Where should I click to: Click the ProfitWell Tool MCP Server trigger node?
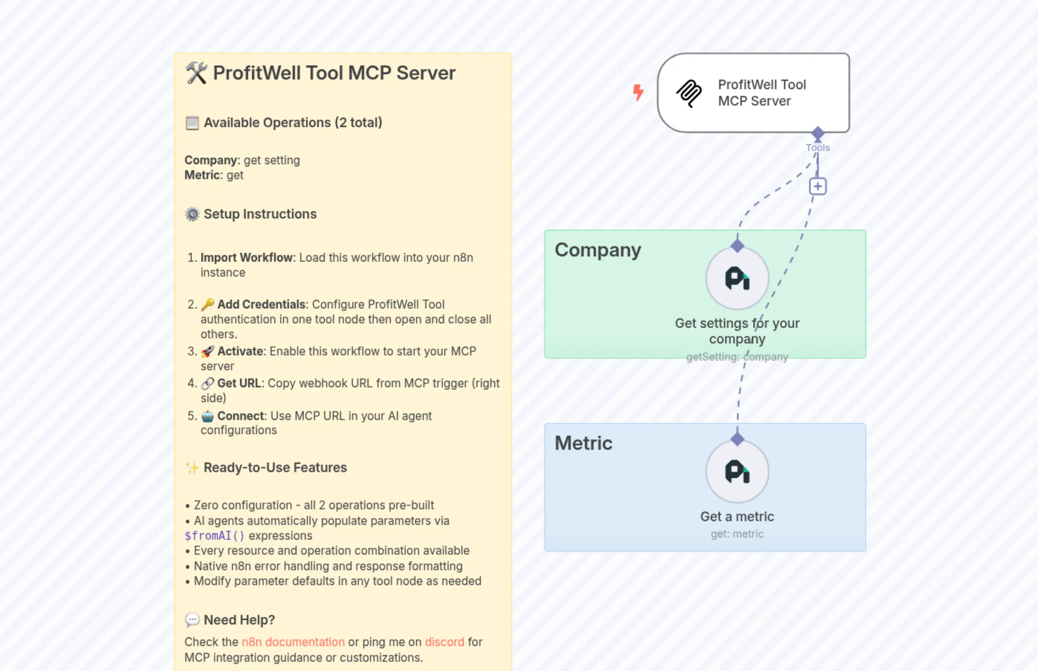tap(753, 93)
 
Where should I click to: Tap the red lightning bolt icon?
tap(638, 92)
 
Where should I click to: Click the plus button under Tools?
tap(818, 187)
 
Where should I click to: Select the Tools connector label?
tap(818, 148)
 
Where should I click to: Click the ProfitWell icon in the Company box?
tap(737, 278)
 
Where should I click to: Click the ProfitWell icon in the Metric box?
tap(737, 471)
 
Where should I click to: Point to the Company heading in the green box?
tap(597, 250)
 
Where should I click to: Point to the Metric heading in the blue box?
tap(583, 443)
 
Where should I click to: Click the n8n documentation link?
tap(293, 642)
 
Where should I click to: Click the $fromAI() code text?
tap(214, 535)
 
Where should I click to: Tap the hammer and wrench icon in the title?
tap(196, 73)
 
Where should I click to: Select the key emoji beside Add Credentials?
tap(207, 304)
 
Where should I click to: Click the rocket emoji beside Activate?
tap(207, 351)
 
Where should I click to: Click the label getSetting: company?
tap(737, 357)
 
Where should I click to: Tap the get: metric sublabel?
tap(737, 534)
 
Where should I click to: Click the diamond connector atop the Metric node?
tap(737, 439)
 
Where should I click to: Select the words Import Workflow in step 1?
tap(246, 258)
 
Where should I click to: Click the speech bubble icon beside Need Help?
tap(192, 620)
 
